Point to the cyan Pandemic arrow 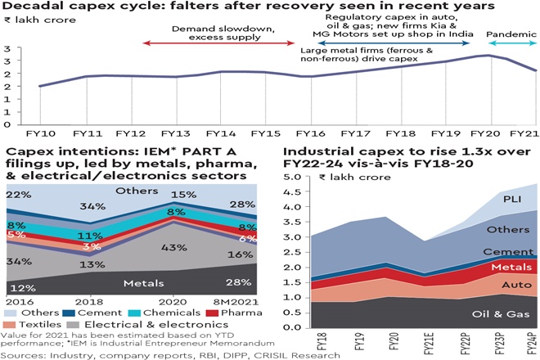click(511, 43)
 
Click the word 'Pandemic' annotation click(511, 34)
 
